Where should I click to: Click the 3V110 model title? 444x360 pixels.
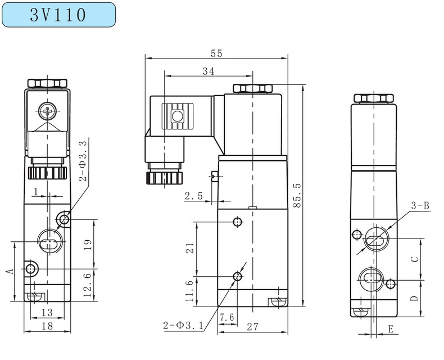click(x=58, y=15)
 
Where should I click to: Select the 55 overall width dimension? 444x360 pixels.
click(x=216, y=53)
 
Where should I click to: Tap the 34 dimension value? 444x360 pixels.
click(x=207, y=71)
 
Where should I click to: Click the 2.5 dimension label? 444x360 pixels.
click(x=193, y=196)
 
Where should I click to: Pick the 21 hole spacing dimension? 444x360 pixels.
click(x=189, y=248)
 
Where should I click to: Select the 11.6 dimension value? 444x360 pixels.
click(x=189, y=291)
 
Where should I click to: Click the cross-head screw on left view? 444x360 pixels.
click(x=47, y=110)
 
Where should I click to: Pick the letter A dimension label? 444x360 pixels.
click(x=9, y=271)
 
